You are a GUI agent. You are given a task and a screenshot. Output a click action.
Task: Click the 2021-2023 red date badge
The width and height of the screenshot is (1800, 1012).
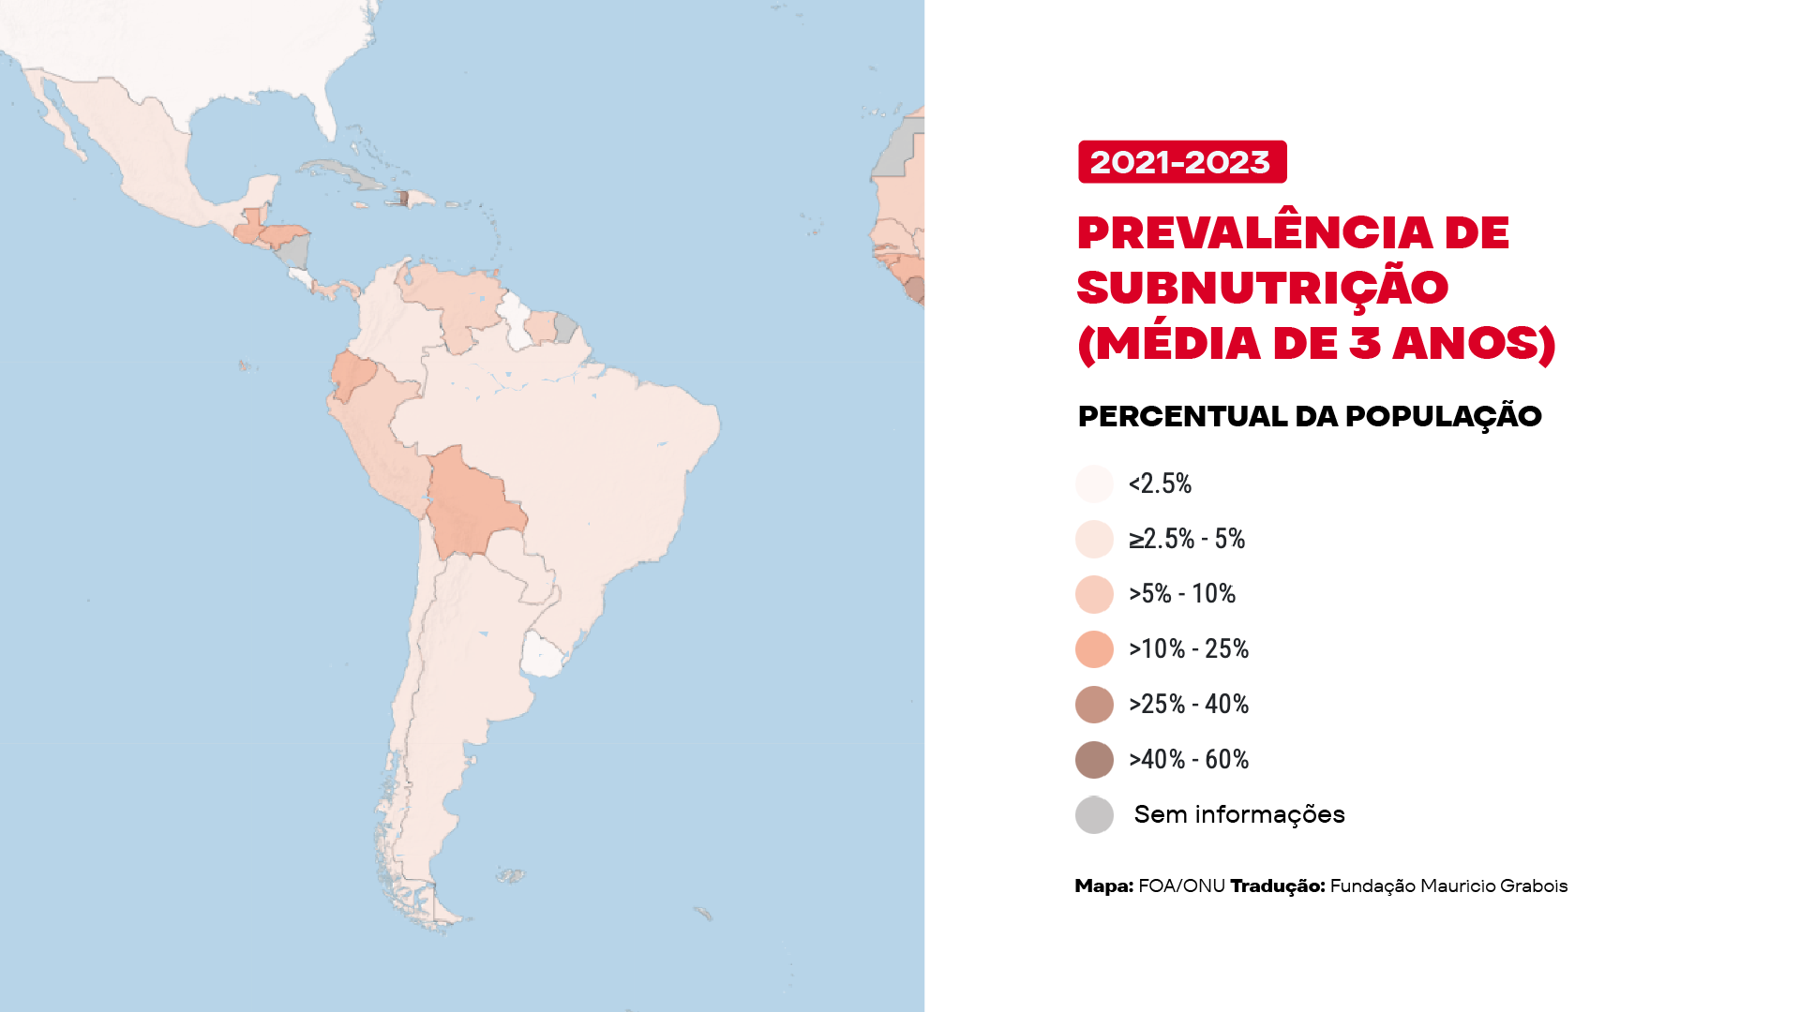pos(1181,162)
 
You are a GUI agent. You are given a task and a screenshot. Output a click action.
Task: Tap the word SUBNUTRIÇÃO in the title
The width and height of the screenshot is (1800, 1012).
pos(1262,288)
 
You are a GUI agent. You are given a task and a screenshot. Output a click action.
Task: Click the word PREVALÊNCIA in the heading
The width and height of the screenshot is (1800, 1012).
pos(1254,232)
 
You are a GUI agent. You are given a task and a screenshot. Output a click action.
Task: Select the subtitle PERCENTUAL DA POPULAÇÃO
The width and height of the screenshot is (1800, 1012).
pos(1309,416)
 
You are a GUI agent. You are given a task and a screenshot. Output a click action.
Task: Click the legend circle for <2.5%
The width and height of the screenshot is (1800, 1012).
pos(1094,484)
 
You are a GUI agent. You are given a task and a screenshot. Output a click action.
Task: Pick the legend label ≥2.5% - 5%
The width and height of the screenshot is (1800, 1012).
pos(1186,539)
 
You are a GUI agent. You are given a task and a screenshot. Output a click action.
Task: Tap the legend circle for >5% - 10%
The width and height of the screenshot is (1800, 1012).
pos(1094,594)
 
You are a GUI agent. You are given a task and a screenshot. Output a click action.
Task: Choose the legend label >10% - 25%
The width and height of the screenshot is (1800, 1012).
pos(1188,648)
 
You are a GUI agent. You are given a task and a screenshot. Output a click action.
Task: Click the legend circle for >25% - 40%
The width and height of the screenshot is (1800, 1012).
pos(1094,705)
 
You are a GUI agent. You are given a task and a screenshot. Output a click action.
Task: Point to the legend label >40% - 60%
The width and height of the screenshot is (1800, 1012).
pos(1188,759)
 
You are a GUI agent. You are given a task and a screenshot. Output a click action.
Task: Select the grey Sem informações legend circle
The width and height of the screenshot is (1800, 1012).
pos(1094,815)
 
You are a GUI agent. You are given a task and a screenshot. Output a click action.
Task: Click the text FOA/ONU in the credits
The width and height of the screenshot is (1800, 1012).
pos(1181,886)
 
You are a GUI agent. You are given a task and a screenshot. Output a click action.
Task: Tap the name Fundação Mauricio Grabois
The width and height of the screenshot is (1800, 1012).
pos(1448,886)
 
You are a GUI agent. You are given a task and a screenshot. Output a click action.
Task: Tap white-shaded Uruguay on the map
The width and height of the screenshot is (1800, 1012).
pos(543,653)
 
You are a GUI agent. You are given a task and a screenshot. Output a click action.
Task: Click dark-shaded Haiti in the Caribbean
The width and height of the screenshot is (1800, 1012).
pos(403,199)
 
